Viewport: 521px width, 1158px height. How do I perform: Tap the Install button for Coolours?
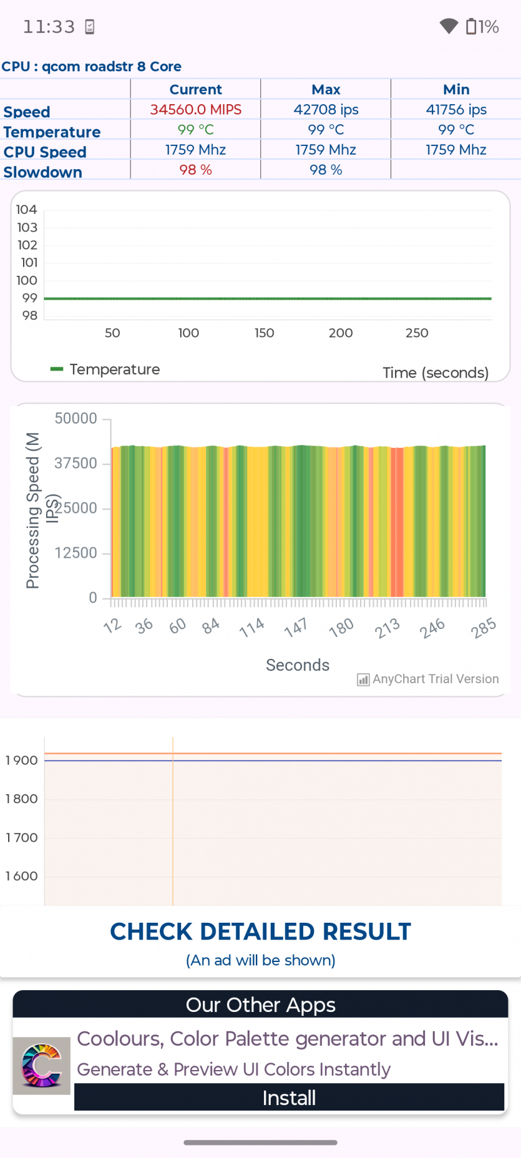[x=289, y=1097]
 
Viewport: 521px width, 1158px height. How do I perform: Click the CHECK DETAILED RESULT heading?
[x=260, y=932]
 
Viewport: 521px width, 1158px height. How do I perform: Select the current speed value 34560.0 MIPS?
[x=195, y=110]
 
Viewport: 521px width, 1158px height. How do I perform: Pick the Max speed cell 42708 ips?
[x=326, y=110]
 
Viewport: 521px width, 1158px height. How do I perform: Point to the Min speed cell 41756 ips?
[x=456, y=110]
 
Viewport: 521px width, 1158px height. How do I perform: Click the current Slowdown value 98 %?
[x=195, y=170]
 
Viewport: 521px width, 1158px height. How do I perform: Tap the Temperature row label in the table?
[x=52, y=132]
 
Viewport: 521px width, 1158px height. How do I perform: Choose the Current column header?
[x=195, y=90]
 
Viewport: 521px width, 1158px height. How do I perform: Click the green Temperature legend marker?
[x=57, y=369]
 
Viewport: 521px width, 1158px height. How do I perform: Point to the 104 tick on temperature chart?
[x=27, y=210]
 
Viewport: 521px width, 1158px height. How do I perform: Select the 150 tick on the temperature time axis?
[x=265, y=333]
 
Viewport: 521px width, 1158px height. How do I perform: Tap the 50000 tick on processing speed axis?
[x=76, y=419]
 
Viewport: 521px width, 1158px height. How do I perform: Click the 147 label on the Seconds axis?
[x=296, y=627]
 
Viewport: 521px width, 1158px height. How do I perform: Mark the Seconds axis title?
[x=298, y=665]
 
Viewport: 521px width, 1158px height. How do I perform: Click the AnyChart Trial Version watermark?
[x=428, y=679]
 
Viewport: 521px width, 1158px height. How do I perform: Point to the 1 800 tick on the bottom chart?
[x=22, y=799]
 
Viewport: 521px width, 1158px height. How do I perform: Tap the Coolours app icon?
[x=42, y=1066]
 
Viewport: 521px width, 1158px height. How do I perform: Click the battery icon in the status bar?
[x=471, y=27]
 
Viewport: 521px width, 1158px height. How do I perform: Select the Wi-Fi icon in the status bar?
[x=449, y=26]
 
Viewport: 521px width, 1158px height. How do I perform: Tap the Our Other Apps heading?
[x=260, y=1005]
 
